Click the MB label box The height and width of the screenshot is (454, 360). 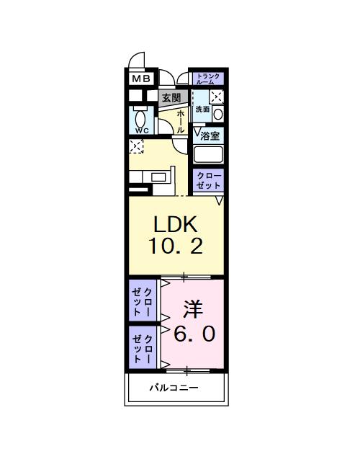click(140, 79)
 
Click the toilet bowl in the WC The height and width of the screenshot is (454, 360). click(140, 118)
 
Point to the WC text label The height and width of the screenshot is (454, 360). click(140, 130)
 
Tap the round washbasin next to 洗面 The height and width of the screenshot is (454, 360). click(218, 112)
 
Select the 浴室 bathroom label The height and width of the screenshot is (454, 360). click(210, 135)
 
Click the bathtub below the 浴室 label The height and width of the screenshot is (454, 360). click(209, 155)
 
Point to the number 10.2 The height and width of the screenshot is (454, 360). click(176, 246)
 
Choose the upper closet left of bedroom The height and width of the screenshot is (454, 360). click(143, 301)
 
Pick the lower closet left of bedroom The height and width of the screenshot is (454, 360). click(143, 348)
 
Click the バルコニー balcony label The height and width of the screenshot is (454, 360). click(174, 388)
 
